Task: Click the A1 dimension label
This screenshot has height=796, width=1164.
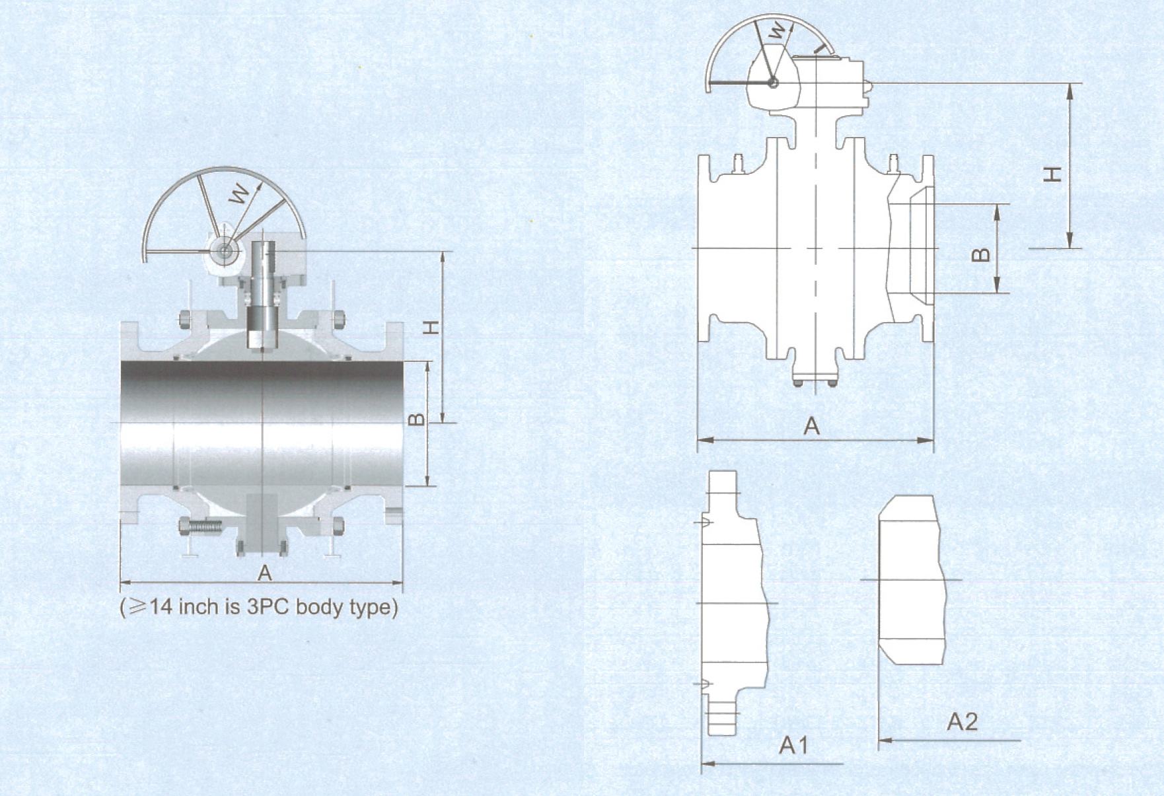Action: [793, 745]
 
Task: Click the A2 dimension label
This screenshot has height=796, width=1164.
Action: [962, 722]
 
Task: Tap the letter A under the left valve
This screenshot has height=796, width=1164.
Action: [264, 573]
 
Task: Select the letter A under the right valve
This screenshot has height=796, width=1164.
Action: [811, 426]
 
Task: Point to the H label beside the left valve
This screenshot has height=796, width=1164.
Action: [431, 327]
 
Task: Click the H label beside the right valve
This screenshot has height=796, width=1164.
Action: [1053, 174]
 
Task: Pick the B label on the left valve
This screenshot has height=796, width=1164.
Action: [416, 419]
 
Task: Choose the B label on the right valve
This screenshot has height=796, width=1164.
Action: [982, 254]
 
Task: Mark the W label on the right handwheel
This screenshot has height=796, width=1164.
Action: [779, 30]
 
